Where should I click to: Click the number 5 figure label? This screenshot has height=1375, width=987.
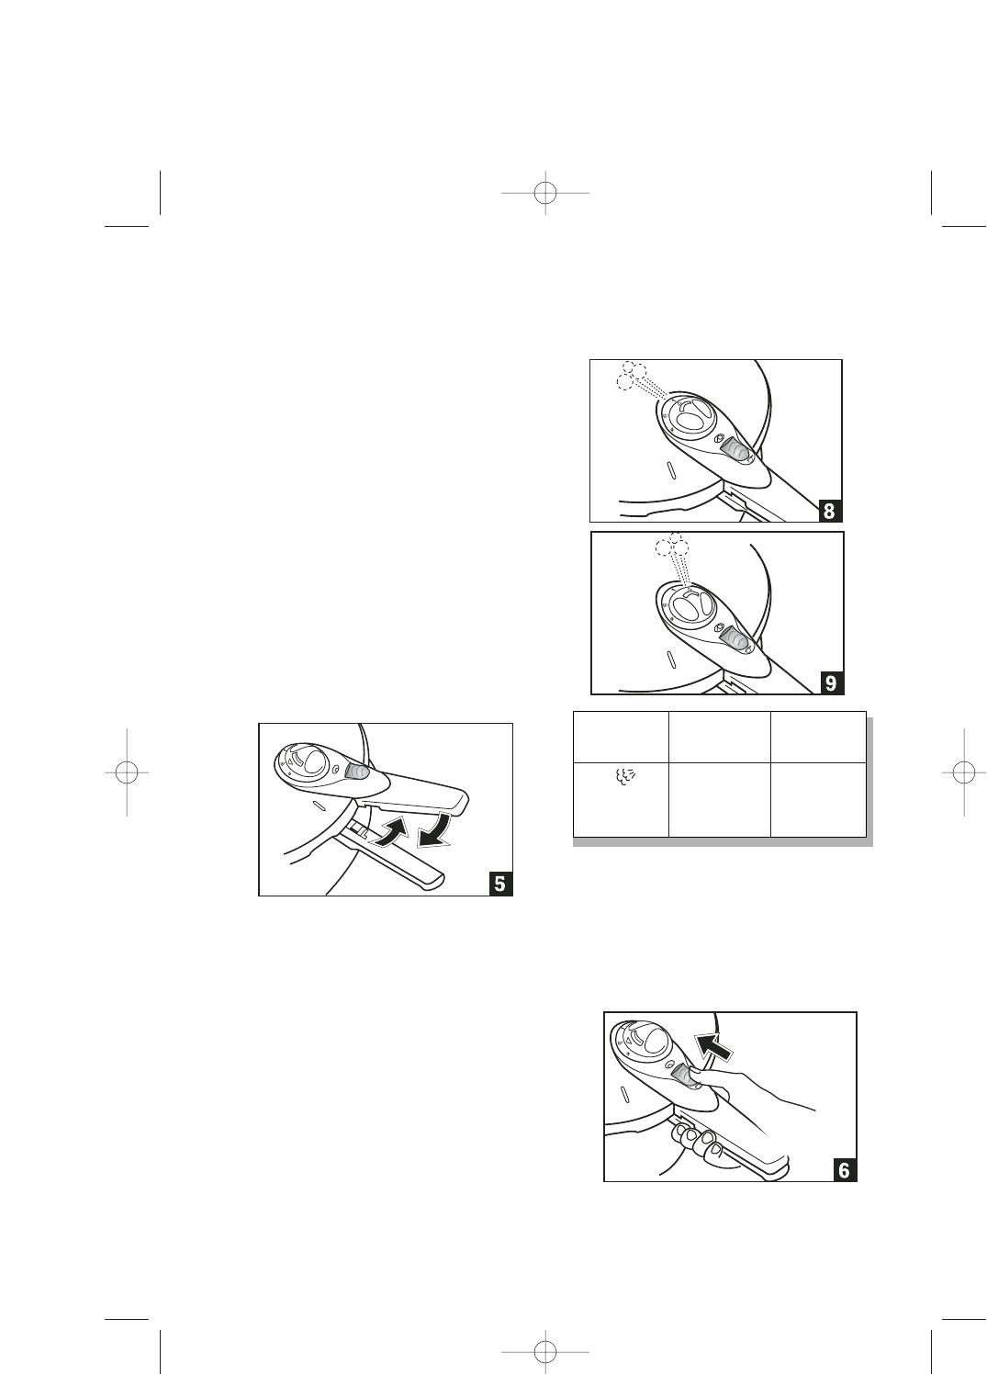coord(500,884)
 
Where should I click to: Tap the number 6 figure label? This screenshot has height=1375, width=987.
coord(845,1170)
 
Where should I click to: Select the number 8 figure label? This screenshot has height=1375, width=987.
coord(830,511)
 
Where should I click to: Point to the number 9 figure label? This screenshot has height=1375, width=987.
coord(831,682)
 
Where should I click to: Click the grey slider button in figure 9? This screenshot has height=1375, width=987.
coord(734,636)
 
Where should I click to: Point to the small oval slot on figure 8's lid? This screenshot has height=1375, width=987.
coord(672,471)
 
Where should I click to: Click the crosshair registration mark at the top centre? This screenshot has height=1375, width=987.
coord(545,193)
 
